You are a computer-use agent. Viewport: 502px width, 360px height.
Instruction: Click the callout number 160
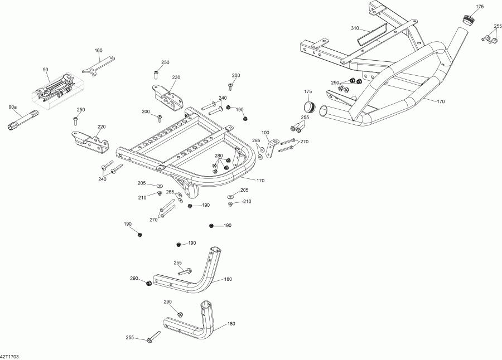(x=98, y=51)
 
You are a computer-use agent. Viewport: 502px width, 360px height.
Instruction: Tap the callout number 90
(x=45, y=70)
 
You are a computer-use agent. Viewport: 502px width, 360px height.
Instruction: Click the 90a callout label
(x=12, y=106)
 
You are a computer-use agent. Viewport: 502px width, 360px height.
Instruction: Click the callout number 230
(x=176, y=77)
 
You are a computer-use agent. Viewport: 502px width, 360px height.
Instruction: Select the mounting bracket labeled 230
(x=168, y=96)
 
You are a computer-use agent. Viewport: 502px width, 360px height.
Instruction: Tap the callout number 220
(x=102, y=127)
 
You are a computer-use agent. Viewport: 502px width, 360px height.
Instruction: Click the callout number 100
(x=265, y=133)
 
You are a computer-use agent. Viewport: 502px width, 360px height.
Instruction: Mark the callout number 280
(x=219, y=155)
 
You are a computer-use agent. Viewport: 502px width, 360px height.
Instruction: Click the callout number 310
(x=355, y=28)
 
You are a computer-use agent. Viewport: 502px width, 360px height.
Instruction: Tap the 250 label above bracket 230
(x=165, y=62)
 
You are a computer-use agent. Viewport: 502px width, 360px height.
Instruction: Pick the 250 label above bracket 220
(x=80, y=110)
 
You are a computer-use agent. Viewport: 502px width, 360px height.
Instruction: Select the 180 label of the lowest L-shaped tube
(x=231, y=323)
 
